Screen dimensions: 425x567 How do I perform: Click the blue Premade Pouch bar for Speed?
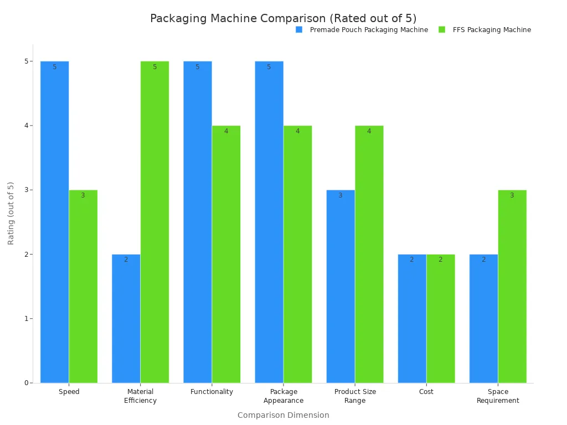pyautogui.click(x=54, y=221)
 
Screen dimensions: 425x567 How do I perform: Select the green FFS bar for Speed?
pyautogui.click(x=83, y=286)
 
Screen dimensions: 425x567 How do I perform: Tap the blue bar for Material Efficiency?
pyautogui.click(x=126, y=318)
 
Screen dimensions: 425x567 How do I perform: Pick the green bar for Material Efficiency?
pyautogui.click(x=154, y=221)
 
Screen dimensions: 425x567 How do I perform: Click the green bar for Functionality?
pyautogui.click(x=226, y=254)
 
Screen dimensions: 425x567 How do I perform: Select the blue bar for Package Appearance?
pyautogui.click(x=269, y=221)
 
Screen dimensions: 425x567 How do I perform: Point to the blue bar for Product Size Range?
pyautogui.click(x=341, y=286)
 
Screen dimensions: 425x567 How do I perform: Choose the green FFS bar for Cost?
pyautogui.click(x=441, y=318)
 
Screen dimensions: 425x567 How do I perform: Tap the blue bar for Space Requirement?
pyautogui.click(x=483, y=318)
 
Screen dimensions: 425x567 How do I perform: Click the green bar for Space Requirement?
pyautogui.click(x=512, y=286)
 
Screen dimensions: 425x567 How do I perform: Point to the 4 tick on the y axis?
pyautogui.click(x=26, y=126)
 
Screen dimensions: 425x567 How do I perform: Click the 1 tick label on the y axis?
pyautogui.click(x=26, y=319)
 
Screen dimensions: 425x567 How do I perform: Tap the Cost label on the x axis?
pyautogui.click(x=426, y=392)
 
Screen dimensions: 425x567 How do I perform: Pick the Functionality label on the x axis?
pyautogui.click(x=212, y=392)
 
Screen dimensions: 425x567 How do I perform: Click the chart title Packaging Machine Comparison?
pyautogui.click(x=283, y=18)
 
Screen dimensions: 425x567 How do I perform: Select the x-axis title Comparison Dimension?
pyautogui.click(x=283, y=415)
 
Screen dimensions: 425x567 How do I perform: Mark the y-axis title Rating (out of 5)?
pyautogui.click(x=11, y=213)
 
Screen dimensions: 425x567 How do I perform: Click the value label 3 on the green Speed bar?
pyautogui.click(x=83, y=195)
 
